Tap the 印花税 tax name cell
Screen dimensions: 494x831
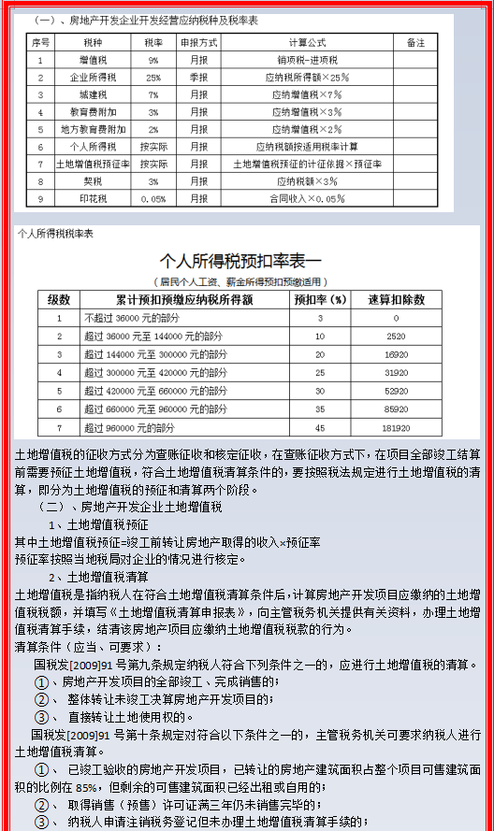[x=93, y=198]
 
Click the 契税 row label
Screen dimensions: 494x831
[x=93, y=180]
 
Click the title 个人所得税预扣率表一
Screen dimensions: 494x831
[x=240, y=261]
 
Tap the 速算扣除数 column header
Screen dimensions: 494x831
[x=396, y=300]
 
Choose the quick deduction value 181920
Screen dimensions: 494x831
[x=396, y=427]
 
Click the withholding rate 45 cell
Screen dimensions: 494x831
[x=320, y=427]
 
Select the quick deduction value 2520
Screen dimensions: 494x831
[x=396, y=336]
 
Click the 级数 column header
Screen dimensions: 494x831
[x=58, y=300]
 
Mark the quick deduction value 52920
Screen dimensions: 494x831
[x=396, y=391]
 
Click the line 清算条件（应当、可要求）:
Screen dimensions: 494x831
[x=88, y=646]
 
